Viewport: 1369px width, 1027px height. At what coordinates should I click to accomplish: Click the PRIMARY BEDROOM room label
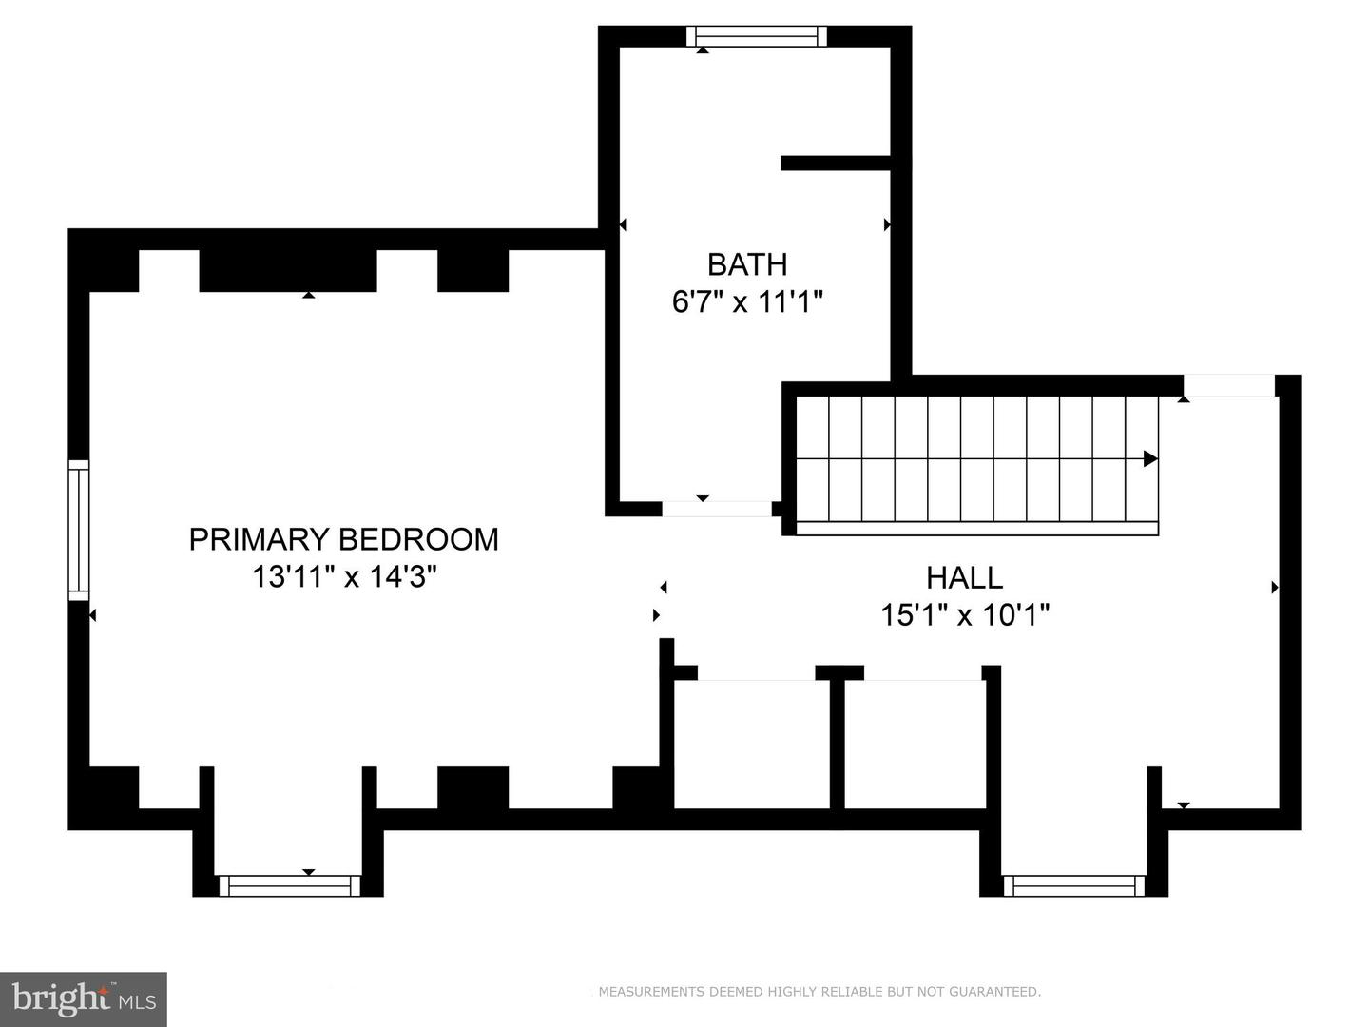pos(343,539)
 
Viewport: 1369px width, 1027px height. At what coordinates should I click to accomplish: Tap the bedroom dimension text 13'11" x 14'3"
pos(343,576)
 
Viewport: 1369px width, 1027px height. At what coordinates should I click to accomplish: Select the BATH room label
pos(747,263)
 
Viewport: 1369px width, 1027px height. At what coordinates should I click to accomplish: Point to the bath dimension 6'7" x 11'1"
pos(747,301)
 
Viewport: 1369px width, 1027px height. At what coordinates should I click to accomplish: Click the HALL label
pos(964,577)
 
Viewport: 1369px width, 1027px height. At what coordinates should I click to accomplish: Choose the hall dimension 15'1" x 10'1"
pos(964,615)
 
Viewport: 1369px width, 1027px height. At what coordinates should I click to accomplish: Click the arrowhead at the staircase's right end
pos(1149,459)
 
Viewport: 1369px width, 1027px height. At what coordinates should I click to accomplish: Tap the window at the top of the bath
pos(757,37)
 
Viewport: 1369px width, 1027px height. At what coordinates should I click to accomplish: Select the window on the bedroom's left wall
pos(78,530)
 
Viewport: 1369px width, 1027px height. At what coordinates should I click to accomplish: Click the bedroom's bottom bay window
pos(290,886)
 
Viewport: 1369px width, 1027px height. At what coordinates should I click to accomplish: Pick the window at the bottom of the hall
pos(1074,886)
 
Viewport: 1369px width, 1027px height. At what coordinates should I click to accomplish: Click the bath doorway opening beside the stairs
pos(717,509)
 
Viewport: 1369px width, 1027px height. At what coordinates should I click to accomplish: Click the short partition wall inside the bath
pos(835,163)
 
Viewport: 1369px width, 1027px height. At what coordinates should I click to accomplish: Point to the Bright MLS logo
pos(84,999)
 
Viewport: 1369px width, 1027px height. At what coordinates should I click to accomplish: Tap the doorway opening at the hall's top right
pos(1228,385)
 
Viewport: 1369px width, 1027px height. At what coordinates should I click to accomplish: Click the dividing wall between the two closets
pos(838,742)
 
